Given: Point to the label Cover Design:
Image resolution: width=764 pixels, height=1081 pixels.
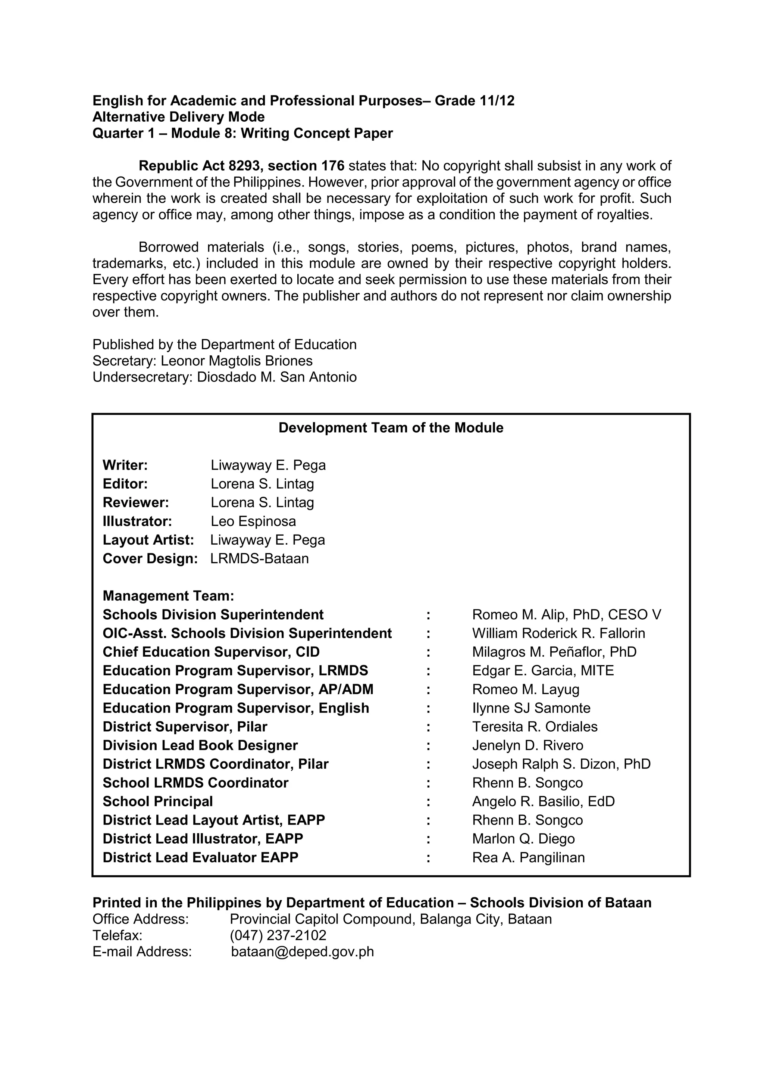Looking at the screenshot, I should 150,558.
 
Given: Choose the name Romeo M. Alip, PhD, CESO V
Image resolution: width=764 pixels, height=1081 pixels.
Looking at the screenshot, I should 566,614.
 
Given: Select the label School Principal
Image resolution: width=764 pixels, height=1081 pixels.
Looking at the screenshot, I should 157,801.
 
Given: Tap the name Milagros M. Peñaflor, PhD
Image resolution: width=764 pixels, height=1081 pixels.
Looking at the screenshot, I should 554,652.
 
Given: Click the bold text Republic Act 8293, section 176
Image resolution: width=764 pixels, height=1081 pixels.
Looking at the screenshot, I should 241,166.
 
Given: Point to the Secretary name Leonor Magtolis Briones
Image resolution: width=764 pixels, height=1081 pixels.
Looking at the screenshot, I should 237,361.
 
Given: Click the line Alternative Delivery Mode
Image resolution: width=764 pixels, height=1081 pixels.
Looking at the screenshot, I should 178,117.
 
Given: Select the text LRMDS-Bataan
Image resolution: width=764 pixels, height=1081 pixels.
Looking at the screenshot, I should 259,558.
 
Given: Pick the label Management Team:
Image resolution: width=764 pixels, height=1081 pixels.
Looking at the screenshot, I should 168,596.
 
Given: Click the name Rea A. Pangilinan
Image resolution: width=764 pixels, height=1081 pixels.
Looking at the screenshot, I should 528,857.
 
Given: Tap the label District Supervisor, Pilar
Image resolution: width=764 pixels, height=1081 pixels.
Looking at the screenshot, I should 185,726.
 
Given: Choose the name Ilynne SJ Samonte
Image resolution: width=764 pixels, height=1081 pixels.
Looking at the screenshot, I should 531,708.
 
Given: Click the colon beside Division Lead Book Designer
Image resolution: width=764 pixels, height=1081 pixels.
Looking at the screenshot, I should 428,745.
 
